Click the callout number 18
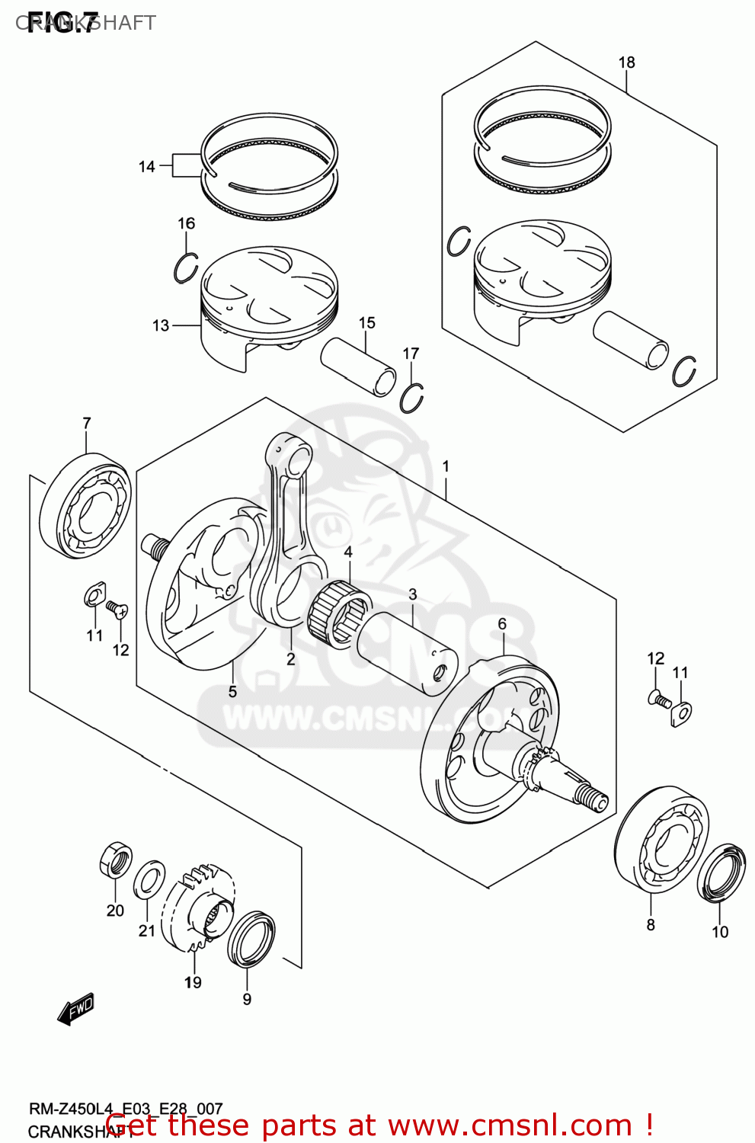click(x=626, y=62)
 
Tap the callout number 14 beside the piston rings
click(x=147, y=166)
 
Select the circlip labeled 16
click(x=185, y=267)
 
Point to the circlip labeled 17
click(x=412, y=397)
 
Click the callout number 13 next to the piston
click(x=161, y=325)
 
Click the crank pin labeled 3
click(x=408, y=653)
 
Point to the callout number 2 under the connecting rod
click(x=290, y=658)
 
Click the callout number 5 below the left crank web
click(x=232, y=691)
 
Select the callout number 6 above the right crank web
click(x=502, y=623)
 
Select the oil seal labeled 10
click(x=721, y=872)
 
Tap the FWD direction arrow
click(x=75, y=1009)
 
